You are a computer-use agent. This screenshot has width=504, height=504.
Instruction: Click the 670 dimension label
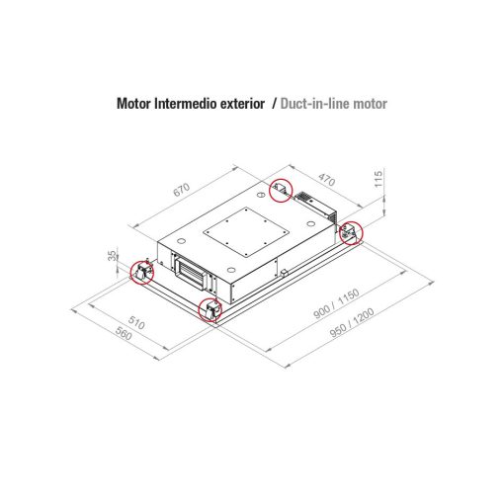182,190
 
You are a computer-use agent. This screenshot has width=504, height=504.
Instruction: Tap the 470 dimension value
326,180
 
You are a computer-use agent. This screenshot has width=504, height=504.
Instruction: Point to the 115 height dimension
378,179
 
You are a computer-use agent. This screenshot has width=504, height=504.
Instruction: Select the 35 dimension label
113,256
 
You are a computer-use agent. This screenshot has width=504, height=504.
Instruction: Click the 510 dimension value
136,322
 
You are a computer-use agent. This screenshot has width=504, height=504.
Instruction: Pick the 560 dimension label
124,333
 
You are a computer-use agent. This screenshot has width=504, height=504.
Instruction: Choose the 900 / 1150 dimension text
336,303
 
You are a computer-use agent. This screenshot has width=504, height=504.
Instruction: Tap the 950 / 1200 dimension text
352,323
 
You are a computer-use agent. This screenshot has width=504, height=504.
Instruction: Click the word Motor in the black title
133,104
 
